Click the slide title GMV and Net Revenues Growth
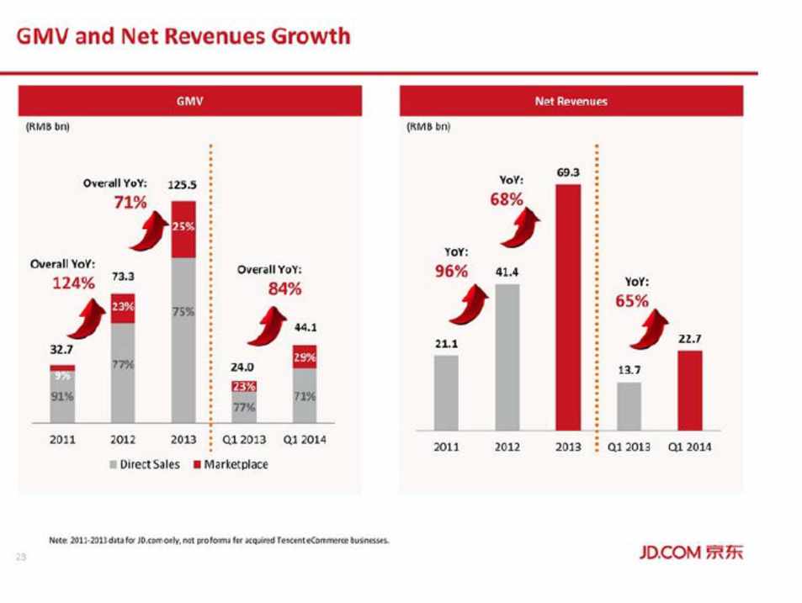click(x=183, y=36)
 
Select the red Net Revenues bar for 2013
click(x=568, y=307)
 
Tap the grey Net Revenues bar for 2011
click(x=446, y=393)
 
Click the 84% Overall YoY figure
click(x=284, y=290)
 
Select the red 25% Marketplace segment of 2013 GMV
click(x=183, y=229)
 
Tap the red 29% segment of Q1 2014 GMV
click(x=305, y=357)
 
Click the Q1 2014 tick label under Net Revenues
click(x=689, y=447)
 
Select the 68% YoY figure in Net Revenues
click(x=507, y=200)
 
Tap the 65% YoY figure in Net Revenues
click(x=632, y=302)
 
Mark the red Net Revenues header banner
click(x=571, y=101)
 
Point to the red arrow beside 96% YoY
click(x=470, y=303)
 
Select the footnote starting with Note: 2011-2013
click(x=220, y=541)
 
